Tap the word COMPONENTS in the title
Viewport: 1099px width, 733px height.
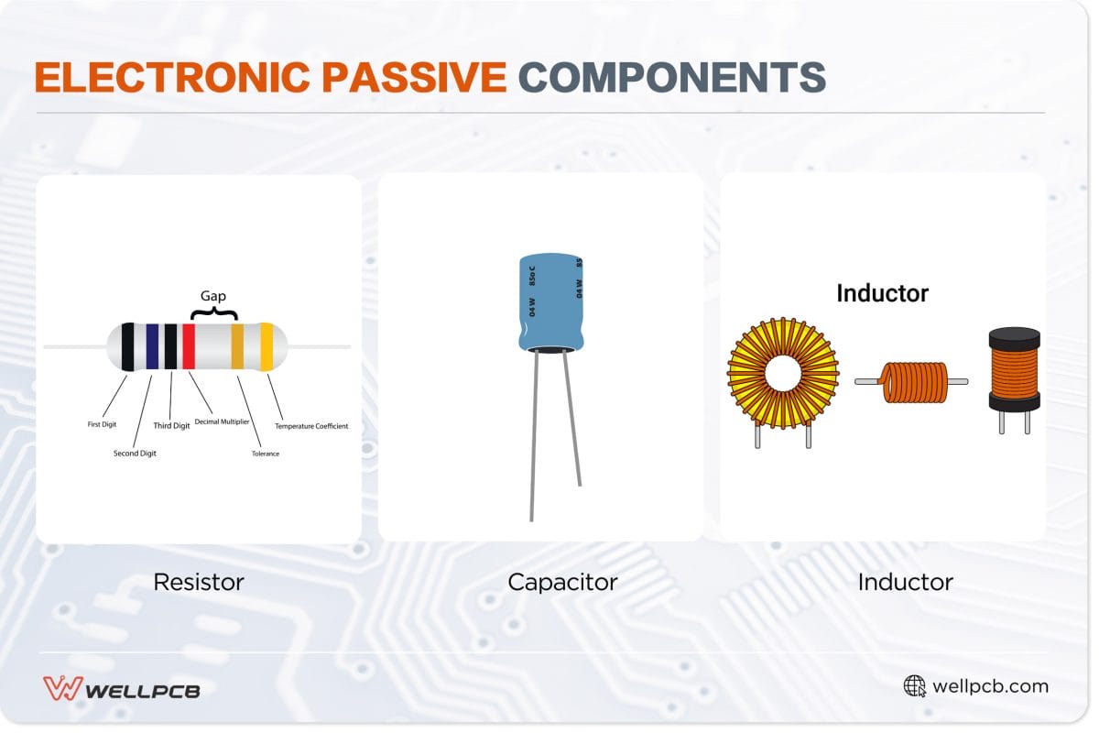click(671, 78)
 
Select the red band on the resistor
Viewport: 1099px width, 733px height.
click(189, 346)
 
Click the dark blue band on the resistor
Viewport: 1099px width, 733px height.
click(151, 346)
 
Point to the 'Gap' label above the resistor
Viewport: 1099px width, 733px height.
click(212, 296)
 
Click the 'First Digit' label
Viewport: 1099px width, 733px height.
click(102, 424)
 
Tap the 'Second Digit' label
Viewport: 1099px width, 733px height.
click(135, 454)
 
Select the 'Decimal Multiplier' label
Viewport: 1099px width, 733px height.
click(223, 421)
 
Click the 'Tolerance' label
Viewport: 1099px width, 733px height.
click(266, 454)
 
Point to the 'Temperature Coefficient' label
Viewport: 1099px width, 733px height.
click(311, 426)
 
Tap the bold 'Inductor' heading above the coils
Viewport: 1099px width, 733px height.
click(882, 293)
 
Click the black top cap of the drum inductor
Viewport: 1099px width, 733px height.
click(1014, 337)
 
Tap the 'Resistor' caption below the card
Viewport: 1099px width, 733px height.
click(199, 582)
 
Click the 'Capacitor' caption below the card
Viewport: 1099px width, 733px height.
click(562, 582)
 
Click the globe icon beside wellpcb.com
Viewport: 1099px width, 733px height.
click(914, 686)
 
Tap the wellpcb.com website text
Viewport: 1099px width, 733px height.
click(990, 686)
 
